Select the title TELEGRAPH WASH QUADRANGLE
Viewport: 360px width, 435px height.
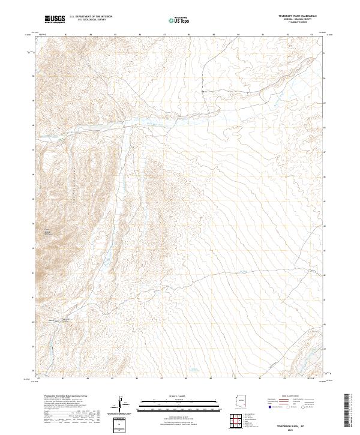pyautogui.click(x=298, y=15)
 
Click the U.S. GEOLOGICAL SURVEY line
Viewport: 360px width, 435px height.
pyautogui.click(x=91, y=20)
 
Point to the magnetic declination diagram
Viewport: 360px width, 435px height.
pyautogui.click(x=122, y=404)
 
